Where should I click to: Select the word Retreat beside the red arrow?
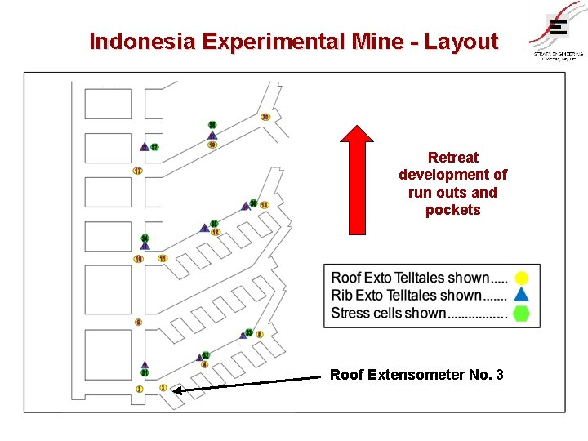(453, 157)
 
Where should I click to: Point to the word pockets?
(453, 210)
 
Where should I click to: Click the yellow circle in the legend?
(522, 278)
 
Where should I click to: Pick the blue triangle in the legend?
(522, 295)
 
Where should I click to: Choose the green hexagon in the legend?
(522, 313)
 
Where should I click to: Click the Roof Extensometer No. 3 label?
(416, 375)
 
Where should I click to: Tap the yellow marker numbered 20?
(265, 117)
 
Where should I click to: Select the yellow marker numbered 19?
(212, 145)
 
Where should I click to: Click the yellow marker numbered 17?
(137, 171)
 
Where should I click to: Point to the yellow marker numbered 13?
(265, 204)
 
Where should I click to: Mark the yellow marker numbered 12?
(216, 232)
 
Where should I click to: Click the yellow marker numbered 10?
(139, 259)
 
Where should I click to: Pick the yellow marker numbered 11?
(163, 258)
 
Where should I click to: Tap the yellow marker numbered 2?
(139, 390)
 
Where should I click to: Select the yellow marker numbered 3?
(163, 388)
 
